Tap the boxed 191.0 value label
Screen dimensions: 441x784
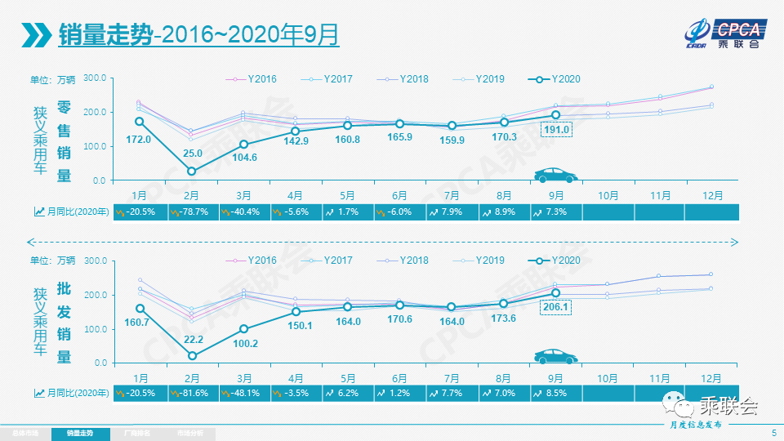point(557,130)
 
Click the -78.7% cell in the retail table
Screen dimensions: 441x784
point(192,212)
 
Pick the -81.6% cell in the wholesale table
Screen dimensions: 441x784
point(192,393)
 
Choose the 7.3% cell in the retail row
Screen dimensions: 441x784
point(555,212)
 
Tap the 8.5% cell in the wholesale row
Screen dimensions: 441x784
point(555,393)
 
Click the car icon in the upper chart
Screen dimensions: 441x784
point(555,176)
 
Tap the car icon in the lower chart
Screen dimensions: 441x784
point(555,357)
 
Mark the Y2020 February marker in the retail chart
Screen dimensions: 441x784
point(192,171)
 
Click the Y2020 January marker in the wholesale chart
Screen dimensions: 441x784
point(140,309)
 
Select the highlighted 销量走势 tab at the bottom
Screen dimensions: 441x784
point(79,433)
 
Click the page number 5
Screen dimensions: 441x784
point(773,432)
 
